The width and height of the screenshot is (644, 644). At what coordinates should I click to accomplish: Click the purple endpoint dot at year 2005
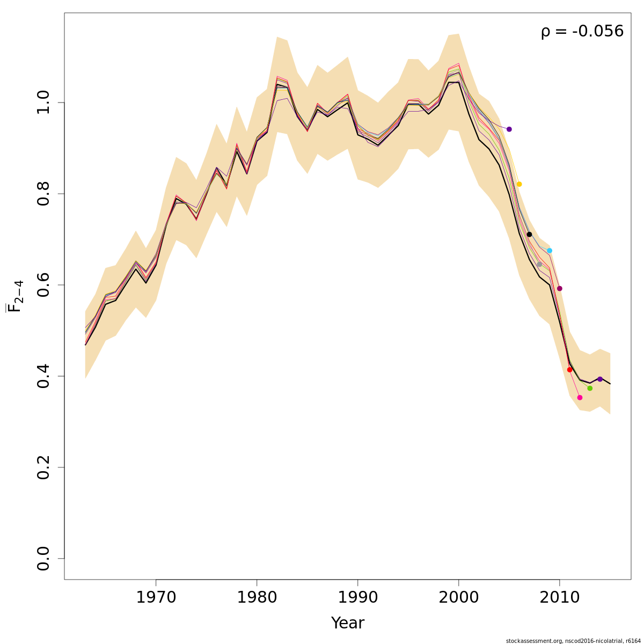[509, 129]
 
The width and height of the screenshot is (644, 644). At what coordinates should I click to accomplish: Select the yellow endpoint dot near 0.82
[519, 184]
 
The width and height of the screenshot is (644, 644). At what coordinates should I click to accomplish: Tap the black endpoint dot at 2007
[529, 235]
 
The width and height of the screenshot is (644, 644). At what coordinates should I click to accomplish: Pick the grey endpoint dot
[539, 264]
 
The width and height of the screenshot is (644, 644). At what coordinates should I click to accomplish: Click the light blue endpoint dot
[550, 251]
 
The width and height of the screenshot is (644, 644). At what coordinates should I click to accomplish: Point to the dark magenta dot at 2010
[559, 289]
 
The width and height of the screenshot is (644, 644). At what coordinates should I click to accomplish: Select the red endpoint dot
[569, 370]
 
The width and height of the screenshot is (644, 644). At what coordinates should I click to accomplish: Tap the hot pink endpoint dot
[580, 398]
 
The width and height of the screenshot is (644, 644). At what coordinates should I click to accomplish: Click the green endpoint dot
[590, 388]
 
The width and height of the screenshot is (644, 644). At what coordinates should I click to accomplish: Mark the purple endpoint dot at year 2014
[600, 379]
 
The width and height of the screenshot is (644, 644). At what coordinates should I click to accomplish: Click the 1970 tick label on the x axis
[156, 597]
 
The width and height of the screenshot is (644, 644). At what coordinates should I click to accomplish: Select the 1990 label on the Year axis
[357, 597]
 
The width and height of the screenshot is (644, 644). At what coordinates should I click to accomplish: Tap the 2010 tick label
[559, 597]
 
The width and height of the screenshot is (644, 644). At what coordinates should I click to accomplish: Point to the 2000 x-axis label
[458, 597]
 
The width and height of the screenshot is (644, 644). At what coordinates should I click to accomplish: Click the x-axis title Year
[347, 623]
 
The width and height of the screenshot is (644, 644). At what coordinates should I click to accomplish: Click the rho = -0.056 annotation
[582, 31]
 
